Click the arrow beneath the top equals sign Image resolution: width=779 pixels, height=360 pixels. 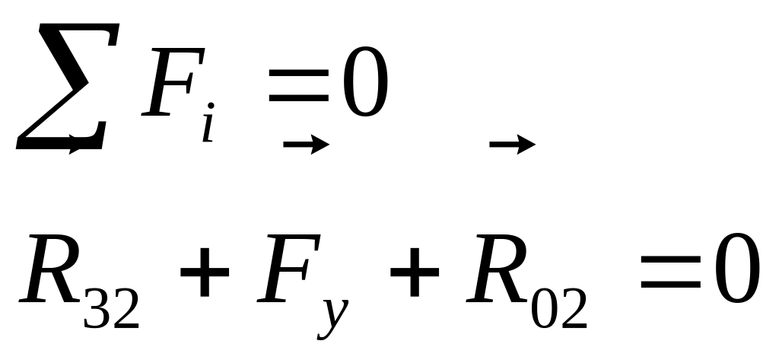[306, 145]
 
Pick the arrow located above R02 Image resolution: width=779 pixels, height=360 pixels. [514, 144]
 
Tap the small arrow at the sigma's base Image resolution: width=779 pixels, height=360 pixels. [77, 149]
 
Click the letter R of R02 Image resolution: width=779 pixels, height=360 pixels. [497, 270]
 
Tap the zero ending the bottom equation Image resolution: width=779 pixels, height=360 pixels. [736, 270]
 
